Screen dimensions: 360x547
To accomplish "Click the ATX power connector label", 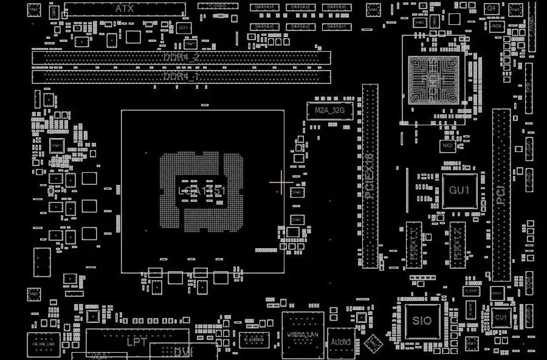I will click(x=125, y=9).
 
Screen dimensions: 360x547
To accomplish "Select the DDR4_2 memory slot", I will click(x=182, y=58).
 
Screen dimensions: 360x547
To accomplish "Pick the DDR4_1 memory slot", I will click(x=182, y=77).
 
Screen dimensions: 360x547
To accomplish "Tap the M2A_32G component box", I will click(x=330, y=111).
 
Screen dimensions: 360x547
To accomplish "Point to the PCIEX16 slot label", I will click(x=370, y=176).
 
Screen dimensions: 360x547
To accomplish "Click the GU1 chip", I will click(x=459, y=190).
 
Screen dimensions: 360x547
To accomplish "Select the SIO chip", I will click(x=422, y=320).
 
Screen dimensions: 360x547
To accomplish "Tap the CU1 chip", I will click(x=501, y=317).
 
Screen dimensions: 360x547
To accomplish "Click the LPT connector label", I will click(x=136, y=342).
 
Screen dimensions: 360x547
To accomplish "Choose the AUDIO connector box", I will click(x=341, y=342).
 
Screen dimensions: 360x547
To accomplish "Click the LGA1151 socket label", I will click(x=202, y=191).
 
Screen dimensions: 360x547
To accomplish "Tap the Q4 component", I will click(x=491, y=8).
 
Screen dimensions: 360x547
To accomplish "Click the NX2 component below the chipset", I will click(x=447, y=146).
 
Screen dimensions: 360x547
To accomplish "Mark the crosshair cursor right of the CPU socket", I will click(x=281, y=181).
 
